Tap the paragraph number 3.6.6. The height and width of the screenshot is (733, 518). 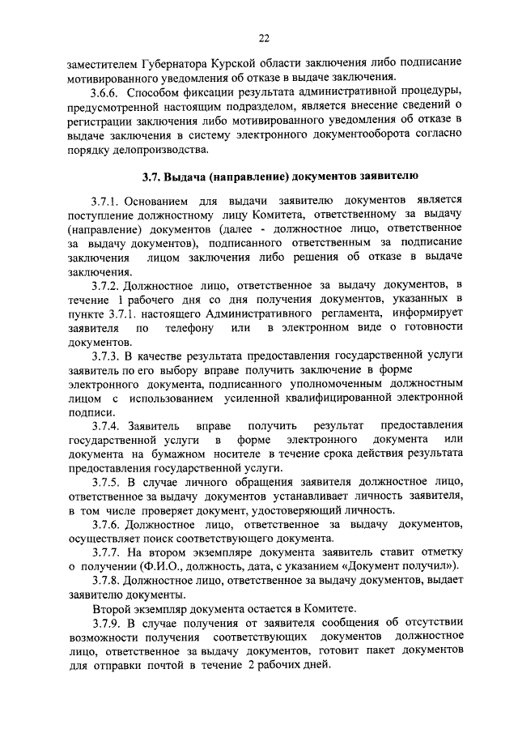coord(109,91)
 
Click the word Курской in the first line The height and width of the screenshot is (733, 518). coord(241,62)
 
